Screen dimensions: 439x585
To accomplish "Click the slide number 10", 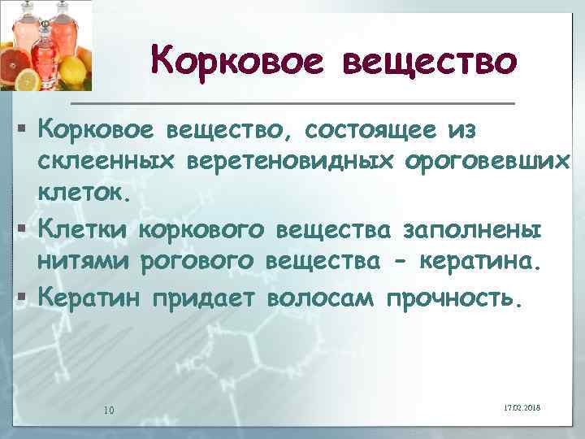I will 108,408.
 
